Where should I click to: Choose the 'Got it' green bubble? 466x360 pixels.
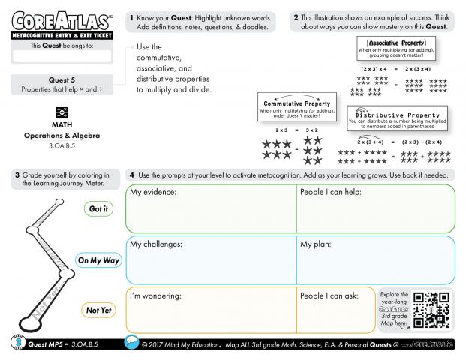(x=98, y=209)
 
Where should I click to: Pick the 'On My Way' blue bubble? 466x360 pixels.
(x=98, y=260)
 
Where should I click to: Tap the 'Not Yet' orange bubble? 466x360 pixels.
(x=98, y=310)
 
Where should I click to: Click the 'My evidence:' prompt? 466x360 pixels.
(x=153, y=193)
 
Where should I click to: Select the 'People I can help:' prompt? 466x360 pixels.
(x=331, y=193)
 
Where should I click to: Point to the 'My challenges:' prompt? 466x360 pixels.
(x=156, y=244)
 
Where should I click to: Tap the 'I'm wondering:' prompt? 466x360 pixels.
(x=156, y=295)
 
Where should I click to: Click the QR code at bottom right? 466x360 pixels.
(x=431, y=310)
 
